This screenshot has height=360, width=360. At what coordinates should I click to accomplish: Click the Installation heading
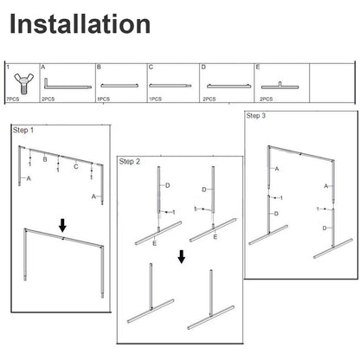click(80, 24)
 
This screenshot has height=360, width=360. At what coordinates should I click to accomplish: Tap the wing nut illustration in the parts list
click(23, 82)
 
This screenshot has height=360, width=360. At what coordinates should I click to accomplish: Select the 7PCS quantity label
click(13, 99)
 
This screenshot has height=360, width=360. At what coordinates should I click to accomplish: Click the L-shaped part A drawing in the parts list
click(67, 84)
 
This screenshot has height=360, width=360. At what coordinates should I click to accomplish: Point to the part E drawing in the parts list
click(280, 86)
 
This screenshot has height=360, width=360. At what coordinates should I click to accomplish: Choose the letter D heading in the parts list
click(203, 67)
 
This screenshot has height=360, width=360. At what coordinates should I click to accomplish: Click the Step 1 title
click(23, 130)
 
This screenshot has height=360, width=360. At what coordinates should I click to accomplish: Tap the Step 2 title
click(130, 162)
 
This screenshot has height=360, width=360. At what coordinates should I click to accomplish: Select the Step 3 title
click(256, 116)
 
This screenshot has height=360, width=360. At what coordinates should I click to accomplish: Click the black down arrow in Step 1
click(62, 225)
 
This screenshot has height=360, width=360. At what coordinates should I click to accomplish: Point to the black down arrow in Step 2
click(182, 257)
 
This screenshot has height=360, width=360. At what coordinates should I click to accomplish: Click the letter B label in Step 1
click(45, 159)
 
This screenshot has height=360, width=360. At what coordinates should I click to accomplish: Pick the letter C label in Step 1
click(76, 167)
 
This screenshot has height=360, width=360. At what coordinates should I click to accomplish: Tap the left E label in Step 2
click(155, 243)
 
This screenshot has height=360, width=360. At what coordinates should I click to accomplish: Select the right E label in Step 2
click(215, 237)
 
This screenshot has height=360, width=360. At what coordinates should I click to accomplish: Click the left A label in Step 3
click(277, 169)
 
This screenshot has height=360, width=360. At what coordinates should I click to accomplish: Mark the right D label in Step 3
click(325, 228)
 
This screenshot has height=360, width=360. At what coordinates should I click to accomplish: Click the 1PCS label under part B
click(103, 99)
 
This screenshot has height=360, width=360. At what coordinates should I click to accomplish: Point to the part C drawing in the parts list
click(170, 86)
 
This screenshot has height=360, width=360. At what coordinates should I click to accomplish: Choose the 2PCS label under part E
click(266, 99)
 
